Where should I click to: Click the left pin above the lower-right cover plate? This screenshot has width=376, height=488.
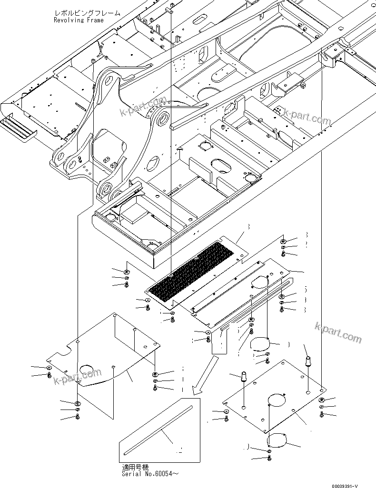244,378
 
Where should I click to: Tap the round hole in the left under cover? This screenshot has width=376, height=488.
87,369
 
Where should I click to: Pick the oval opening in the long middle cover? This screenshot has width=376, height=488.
260,282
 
